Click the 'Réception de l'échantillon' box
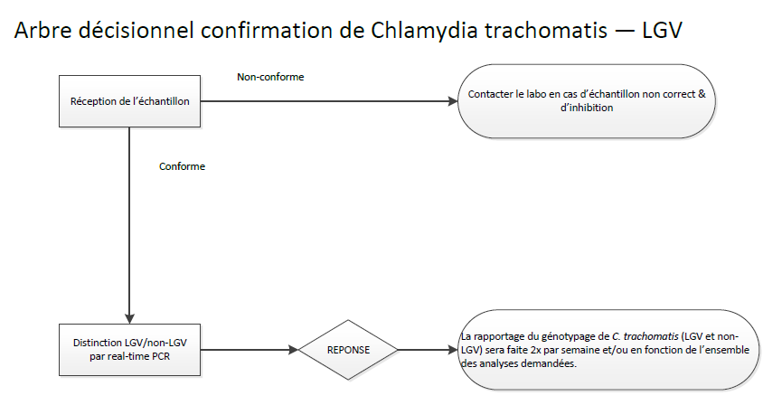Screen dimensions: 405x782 pyautogui.click(x=129, y=101)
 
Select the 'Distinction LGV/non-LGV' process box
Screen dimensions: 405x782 pyautogui.click(x=129, y=350)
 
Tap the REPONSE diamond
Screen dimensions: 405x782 pyautogui.click(x=348, y=350)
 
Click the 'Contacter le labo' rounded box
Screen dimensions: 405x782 pyautogui.click(x=586, y=101)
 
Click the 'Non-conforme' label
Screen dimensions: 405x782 pyautogui.click(x=270, y=77)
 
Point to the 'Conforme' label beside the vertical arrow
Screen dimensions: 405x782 pyautogui.click(x=182, y=166)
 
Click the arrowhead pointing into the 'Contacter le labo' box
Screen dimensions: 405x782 pyautogui.click(x=455, y=101)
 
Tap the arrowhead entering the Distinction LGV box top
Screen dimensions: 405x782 pyautogui.click(x=130, y=317)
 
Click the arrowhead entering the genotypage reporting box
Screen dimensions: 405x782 pyautogui.click(x=455, y=350)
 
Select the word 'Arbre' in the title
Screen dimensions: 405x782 pyautogui.click(x=41, y=31)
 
